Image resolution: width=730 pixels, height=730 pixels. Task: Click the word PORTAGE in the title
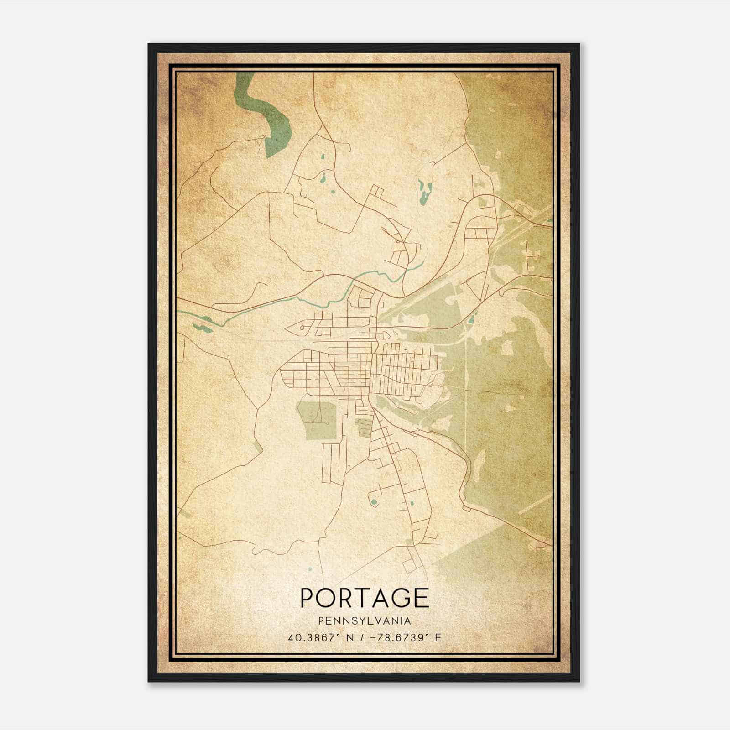(x=365, y=598)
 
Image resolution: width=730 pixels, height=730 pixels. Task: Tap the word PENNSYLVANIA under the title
(x=365, y=621)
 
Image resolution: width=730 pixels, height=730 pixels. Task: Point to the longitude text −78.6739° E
(x=402, y=638)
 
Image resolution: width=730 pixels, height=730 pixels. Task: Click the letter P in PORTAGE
(x=308, y=598)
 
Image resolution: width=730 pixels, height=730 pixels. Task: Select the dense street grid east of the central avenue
(x=404, y=370)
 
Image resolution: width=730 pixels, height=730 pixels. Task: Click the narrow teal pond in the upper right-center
(x=425, y=192)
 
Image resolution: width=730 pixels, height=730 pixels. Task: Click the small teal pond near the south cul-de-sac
(x=374, y=502)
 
